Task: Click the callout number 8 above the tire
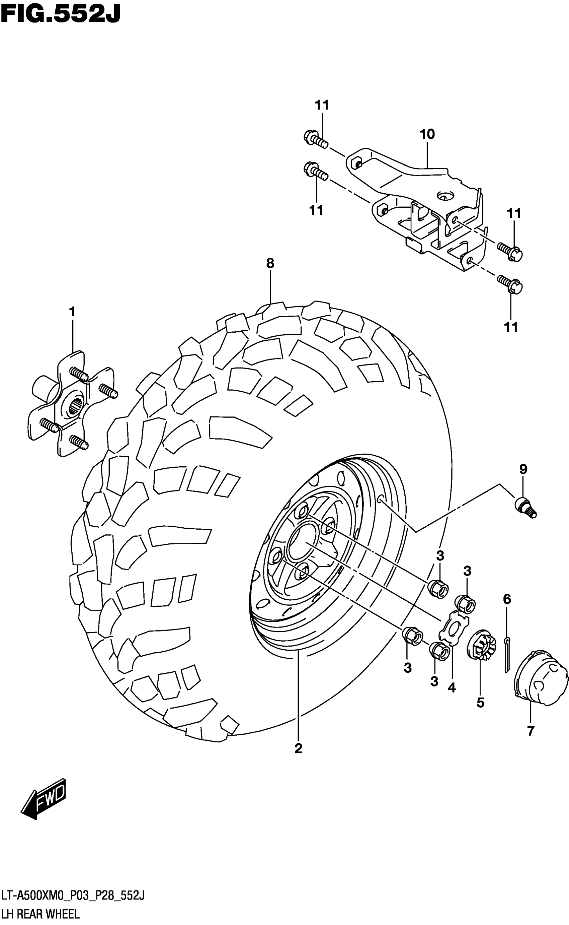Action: (x=270, y=264)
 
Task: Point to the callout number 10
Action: (x=427, y=134)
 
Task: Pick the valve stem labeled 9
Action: (x=525, y=507)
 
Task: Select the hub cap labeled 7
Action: (x=540, y=678)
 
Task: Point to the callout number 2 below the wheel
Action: (x=299, y=748)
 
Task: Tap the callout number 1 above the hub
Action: (x=72, y=312)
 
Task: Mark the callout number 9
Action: (x=523, y=469)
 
